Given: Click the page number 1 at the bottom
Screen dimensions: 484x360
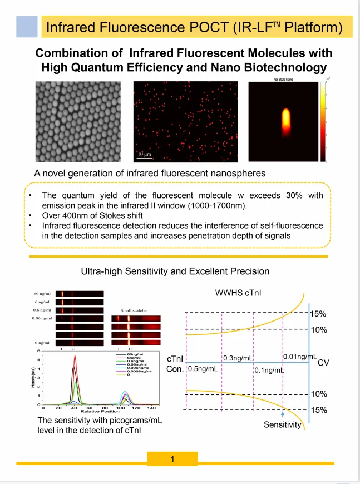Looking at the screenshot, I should (173, 459).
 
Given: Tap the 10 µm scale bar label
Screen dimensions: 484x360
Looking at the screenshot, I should (145, 152).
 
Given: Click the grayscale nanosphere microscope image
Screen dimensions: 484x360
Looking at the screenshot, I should (78, 122).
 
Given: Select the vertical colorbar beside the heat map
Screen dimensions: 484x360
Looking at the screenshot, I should (323, 122).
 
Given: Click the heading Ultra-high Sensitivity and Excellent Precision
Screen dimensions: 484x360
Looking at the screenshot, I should (175, 271).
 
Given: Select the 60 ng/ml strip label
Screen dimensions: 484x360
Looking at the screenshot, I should (43, 293).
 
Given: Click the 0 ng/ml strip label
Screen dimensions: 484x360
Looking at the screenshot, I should (45, 342).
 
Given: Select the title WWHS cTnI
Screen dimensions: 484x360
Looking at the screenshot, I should (234, 293).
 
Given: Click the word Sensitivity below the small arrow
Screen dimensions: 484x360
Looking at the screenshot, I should (282, 426).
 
